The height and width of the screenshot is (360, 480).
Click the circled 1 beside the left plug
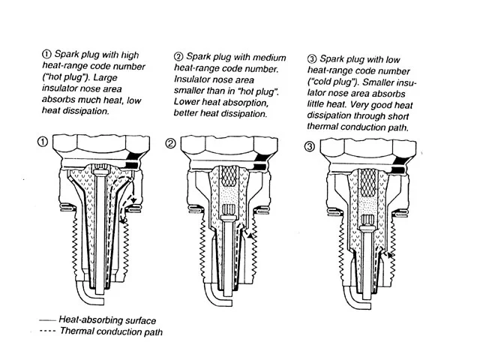tap(43, 142)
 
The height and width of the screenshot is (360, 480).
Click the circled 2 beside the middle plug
tap(171, 143)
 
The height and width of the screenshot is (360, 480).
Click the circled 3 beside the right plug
tap(310, 147)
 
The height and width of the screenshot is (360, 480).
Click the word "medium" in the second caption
tap(269, 58)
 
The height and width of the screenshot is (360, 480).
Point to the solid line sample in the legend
tap(47, 320)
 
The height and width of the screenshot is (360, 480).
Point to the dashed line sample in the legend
tap(47, 331)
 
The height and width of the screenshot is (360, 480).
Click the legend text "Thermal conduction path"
tap(112, 331)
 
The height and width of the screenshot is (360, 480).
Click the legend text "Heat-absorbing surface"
tap(107, 320)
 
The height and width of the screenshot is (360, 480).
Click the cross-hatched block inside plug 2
tap(229, 176)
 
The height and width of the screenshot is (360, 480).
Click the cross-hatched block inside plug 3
tap(367, 183)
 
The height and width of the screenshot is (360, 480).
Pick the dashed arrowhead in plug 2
tap(252, 236)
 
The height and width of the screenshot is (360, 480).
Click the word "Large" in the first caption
tap(105, 77)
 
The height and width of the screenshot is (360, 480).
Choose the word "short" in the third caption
tap(397, 116)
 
